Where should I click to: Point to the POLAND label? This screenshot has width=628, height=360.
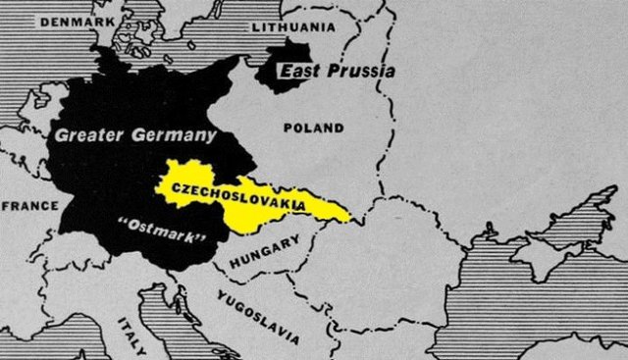(313, 128)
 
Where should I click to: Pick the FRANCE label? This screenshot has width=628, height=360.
(29, 206)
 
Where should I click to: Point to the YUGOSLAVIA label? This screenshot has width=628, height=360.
(258, 317)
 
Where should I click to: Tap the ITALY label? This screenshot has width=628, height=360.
(131, 335)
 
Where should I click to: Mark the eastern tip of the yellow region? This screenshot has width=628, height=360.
(350, 216)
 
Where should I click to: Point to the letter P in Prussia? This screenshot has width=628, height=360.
(330, 72)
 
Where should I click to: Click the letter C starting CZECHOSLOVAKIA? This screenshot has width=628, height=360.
(176, 185)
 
